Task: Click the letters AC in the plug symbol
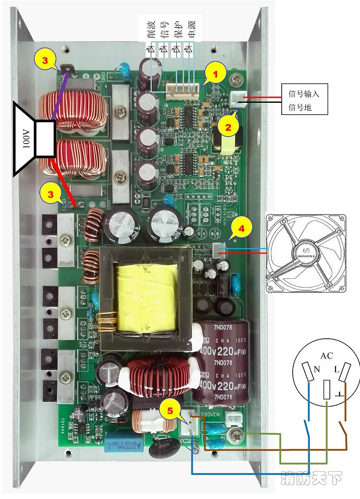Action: (327, 356)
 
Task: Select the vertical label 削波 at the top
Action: (151, 29)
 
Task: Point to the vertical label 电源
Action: (189, 29)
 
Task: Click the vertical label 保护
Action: (177, 29)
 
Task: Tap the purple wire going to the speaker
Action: (59, 97)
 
